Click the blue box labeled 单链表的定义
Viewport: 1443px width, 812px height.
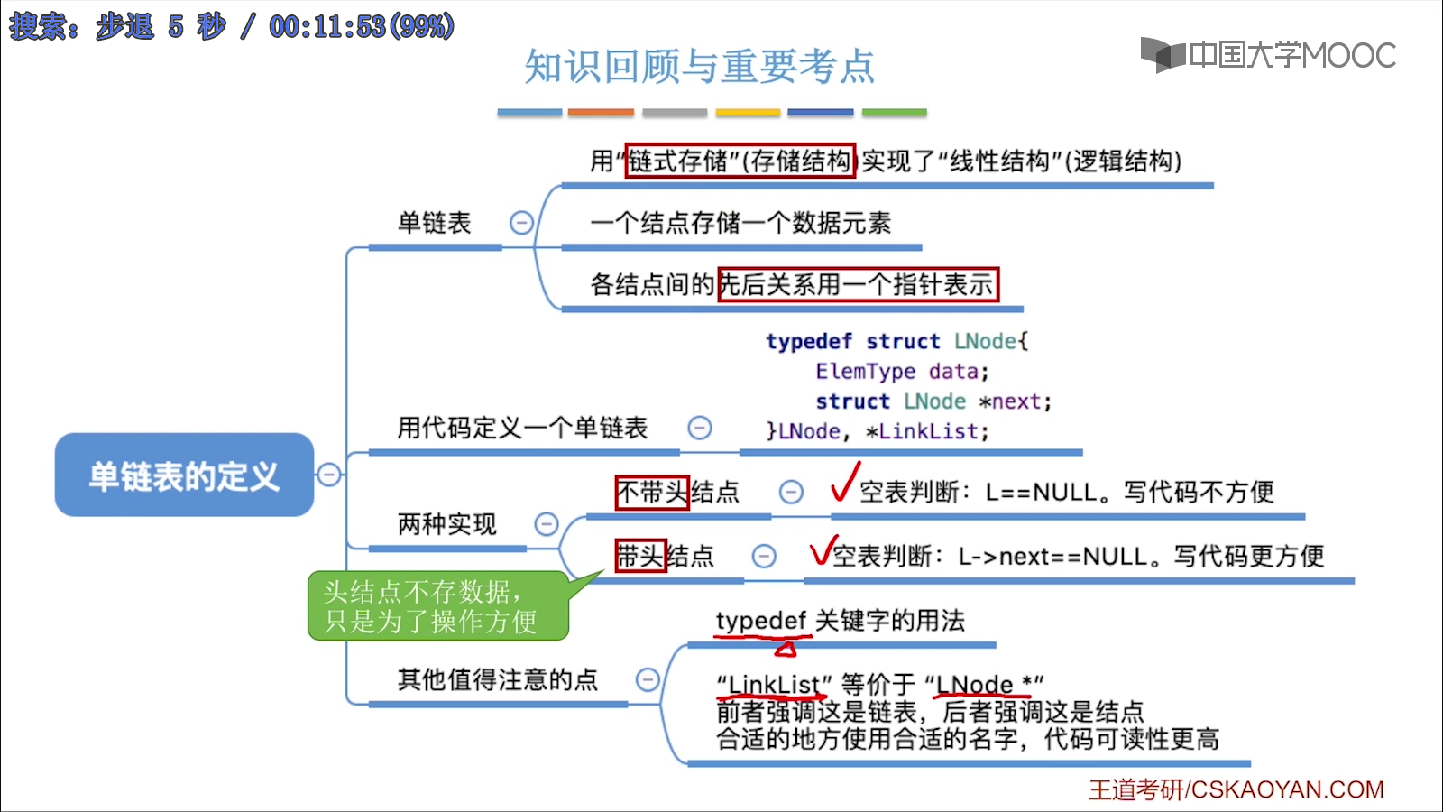point(184,475)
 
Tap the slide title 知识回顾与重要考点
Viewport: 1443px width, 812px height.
point(699,67)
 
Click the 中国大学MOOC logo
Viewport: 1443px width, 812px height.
point(1268,55)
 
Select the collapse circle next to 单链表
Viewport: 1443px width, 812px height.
point(521,223)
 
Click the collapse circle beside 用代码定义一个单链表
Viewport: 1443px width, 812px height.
point(700,428)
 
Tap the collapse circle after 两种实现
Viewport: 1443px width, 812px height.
point(547,524)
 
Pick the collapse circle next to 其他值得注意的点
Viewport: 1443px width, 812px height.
point(648,679)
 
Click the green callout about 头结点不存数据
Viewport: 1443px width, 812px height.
point(437,606)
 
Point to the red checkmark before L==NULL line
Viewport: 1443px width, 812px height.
point(844,482)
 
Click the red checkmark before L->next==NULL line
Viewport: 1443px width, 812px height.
point(823,549)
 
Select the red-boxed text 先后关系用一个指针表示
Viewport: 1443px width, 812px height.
point(858,285)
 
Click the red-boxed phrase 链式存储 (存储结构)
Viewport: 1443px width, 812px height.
point(740,161)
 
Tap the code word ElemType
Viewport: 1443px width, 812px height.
point(865,372)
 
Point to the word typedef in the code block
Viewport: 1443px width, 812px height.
point(809,342)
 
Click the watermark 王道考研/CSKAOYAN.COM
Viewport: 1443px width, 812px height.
point(1236,789)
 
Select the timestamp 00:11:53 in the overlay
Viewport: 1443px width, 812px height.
point(327,26)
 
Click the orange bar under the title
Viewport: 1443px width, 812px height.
point(601,113)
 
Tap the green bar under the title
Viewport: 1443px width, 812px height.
point(894,113)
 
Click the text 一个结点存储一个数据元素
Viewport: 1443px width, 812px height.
point(740,223)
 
